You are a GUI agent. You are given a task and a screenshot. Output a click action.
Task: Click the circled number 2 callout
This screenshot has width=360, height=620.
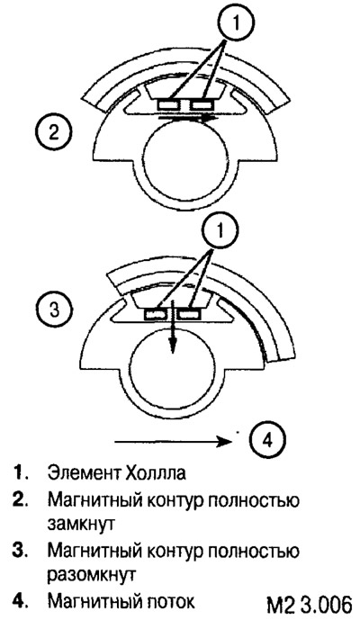53,131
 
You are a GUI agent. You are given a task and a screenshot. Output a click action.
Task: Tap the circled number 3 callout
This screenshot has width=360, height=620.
55,310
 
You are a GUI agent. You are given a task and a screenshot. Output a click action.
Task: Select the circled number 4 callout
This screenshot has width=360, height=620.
267,440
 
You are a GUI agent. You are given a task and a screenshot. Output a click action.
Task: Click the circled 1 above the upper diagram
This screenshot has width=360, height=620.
236,23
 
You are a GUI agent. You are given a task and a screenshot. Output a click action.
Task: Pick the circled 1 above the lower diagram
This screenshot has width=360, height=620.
220,230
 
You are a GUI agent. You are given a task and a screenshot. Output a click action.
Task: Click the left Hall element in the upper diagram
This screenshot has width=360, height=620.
170,104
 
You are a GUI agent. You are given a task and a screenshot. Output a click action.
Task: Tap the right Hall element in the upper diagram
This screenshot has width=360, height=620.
202,104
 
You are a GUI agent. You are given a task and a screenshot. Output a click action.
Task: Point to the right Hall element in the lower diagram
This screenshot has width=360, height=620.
189,315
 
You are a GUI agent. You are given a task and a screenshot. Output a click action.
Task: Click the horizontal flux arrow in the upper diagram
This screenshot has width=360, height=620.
188,117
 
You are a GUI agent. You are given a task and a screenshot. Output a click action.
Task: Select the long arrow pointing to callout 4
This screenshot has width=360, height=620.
173,441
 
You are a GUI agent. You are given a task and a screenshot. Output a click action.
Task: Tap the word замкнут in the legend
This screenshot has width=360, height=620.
81,524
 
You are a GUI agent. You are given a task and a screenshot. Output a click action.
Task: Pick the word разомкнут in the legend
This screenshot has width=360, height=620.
92,575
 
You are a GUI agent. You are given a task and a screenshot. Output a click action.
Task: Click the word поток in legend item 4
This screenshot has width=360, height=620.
169,602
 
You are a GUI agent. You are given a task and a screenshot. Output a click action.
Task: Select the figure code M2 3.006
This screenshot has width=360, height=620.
310,605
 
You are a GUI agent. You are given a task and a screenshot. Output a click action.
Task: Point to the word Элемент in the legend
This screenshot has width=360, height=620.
82,473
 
